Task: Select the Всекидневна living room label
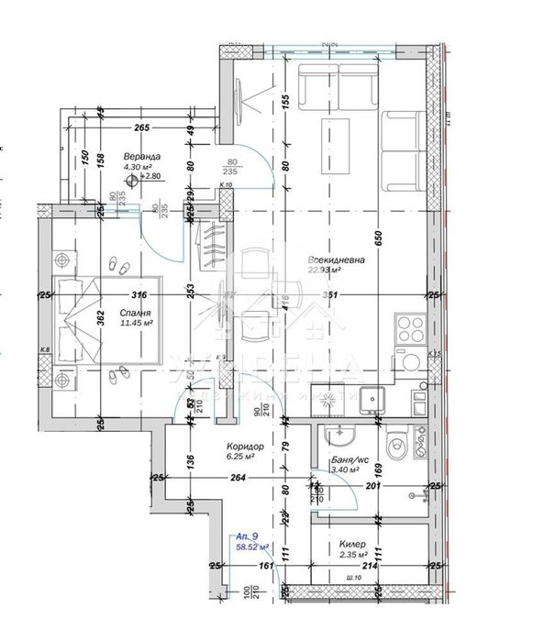coord(337,260)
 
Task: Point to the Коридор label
coord(245,447)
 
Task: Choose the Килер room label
coord(354,543)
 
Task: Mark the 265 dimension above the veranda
coord(140,128)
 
